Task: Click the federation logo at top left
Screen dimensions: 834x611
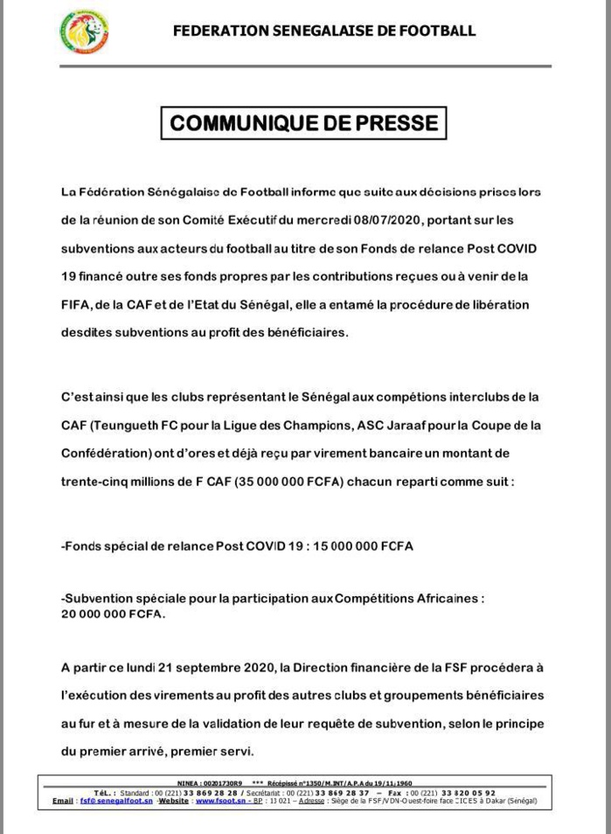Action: [84, 32]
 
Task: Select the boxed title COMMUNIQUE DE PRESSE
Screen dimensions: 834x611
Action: [303, 122]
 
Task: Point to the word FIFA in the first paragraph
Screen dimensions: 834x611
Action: [76, 306]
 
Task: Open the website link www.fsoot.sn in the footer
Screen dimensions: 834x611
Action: [218, 801]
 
